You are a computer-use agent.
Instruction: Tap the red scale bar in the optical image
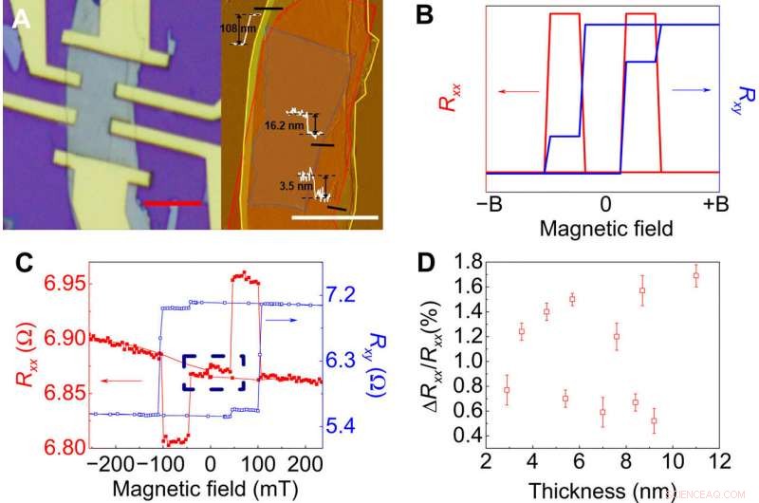(x=174, y=202)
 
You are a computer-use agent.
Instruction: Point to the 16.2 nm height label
(x=285, y=123)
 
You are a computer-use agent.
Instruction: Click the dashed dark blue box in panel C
(x=213, y=372)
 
